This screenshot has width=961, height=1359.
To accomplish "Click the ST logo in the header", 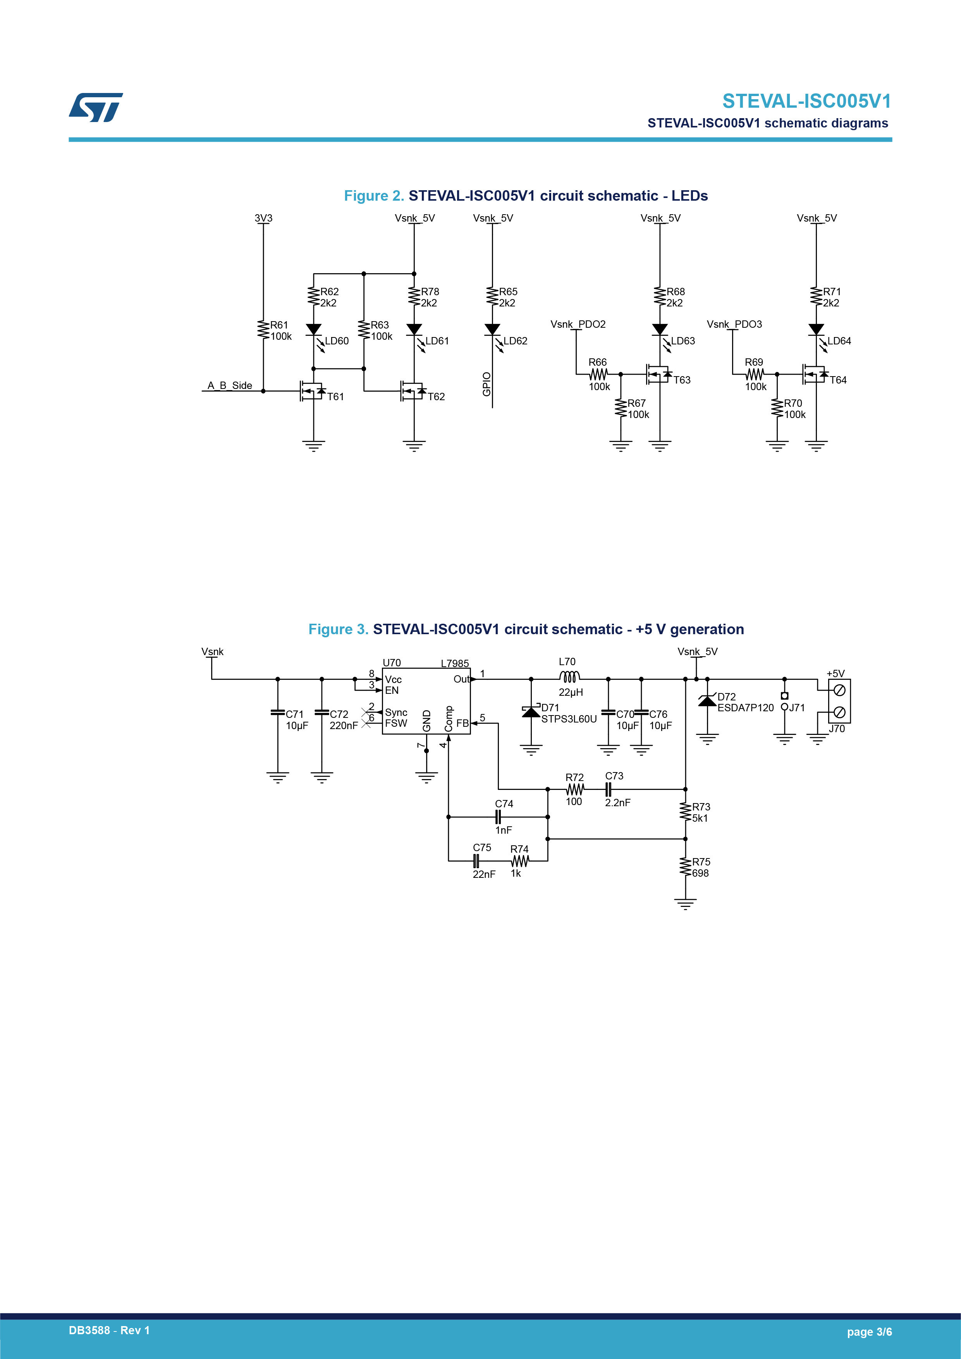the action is click(x=96, y=107).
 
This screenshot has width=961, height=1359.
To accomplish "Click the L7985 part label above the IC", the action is click(x=454, y=664).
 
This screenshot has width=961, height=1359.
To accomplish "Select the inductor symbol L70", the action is click(x=569, y=676).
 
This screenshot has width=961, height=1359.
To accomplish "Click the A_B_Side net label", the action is click(x=230, y=385).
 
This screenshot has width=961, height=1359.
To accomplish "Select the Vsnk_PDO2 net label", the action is click(x=578, y=324).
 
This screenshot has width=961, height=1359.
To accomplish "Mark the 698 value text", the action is click(x=701, y=873).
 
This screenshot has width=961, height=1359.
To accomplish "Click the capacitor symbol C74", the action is click(x=498, y=817).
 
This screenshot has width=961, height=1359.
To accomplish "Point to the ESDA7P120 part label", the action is click(x=746, y=708).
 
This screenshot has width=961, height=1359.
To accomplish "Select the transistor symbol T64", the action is click(x=815, y=374).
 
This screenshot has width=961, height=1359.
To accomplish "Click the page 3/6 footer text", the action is click(x=869, y=1332).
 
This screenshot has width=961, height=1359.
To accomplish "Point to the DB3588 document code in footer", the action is click(x=89, y=1331).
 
